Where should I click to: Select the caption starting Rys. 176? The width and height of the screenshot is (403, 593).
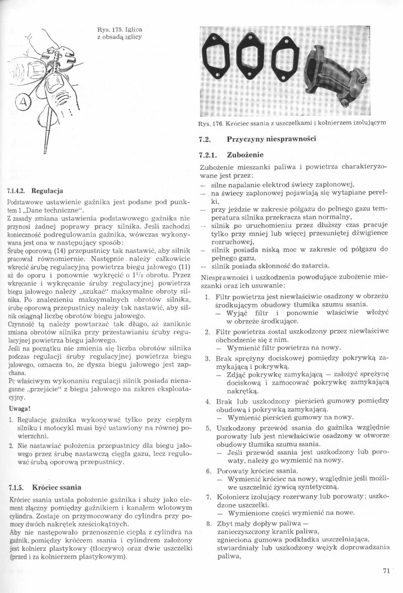pos(293,122)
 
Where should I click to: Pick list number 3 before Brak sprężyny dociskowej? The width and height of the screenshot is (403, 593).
pos(208,358)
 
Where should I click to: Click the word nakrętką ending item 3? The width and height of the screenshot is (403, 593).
pos(244,390)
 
